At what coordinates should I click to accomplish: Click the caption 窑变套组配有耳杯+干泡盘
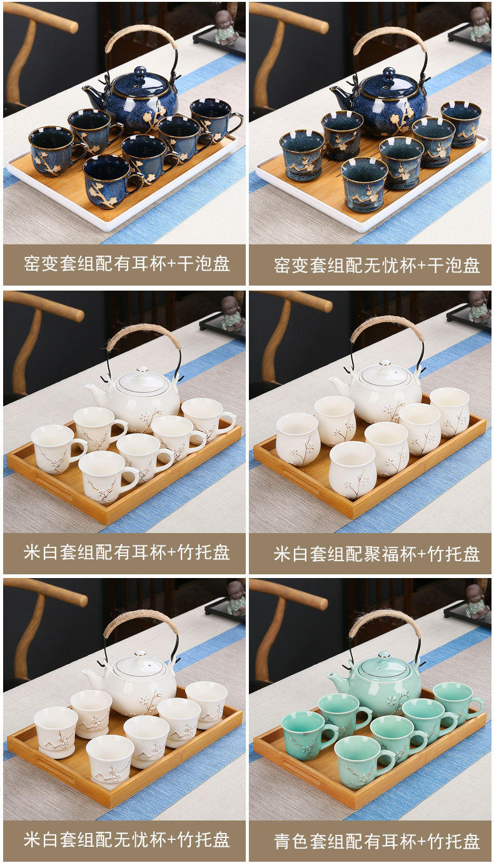click(x=126, y=264)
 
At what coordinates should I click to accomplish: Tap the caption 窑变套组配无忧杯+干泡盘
click(x=377, y=266)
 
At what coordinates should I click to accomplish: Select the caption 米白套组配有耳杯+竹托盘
click(x=126, y=552)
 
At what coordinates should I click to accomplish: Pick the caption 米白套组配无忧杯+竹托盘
click(x=126, y=839)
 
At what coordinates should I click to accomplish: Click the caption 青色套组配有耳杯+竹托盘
click(x=377, y=841)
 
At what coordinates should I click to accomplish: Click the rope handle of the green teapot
click(x=380, y=621)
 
